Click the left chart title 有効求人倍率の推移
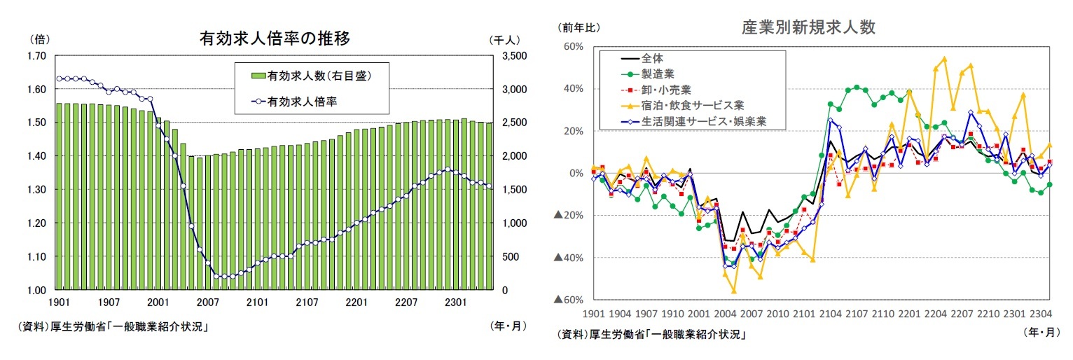(275, 38)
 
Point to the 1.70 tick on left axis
(36, 55)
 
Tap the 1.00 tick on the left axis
(36, 290)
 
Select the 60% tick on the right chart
(574, 47)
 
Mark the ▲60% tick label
(569, 300)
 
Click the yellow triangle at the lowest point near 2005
(734, 291)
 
